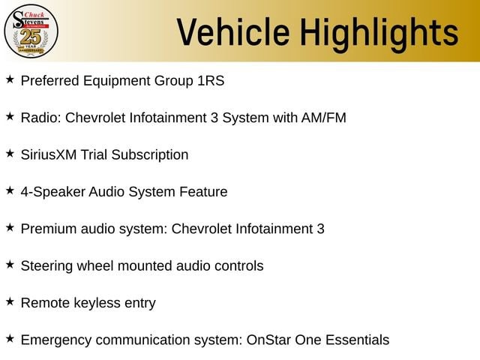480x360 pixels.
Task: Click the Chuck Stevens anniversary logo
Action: tap(31, 31)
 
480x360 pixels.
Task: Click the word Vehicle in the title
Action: tap(233, 32)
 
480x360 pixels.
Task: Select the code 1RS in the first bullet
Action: tap(211, 81)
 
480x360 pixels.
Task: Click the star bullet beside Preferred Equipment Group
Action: tap(10, 79)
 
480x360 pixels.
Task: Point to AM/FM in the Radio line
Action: tap(323, 118)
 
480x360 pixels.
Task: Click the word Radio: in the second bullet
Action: tap(41, 118)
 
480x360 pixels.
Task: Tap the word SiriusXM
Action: tap(49, 155)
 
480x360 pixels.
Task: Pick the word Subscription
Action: tap(150, 155)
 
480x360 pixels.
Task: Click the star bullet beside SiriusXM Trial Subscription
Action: tap(10, 153)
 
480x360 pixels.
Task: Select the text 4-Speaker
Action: tap(53, 192)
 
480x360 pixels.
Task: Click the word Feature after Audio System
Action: tap(203, 192)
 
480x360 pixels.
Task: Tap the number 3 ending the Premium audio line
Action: tap(320, 229)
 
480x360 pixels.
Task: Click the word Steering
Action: tap(46, 266)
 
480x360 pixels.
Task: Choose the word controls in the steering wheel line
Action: tap(238, 266)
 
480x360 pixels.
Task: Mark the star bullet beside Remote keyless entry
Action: tap(10, 301)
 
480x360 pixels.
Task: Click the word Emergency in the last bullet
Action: tap(56, 340)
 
